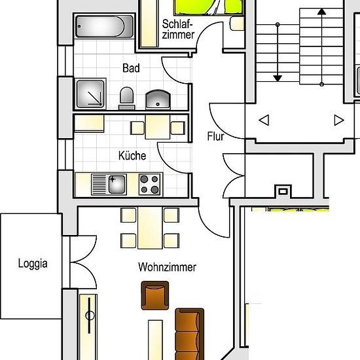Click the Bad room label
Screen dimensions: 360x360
point(131,68)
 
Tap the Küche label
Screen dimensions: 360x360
point(132,156)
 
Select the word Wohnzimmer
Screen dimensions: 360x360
point(167,267)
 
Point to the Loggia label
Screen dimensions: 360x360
point(33,264)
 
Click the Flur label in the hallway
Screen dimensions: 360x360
point(215,136)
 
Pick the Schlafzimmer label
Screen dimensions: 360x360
point(178,29)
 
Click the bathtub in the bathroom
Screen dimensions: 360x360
point(104,26)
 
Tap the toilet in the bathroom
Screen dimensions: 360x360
point(126,98)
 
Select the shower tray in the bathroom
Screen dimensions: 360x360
point(90,94)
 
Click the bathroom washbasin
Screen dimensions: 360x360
point(158,99)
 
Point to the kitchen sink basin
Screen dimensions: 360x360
point(117,185)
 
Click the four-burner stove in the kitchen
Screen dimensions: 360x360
point(149,185)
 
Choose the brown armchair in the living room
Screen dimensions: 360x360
point(155,295)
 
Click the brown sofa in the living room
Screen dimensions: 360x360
point(190,334)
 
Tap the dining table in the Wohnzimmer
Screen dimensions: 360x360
point(150,228)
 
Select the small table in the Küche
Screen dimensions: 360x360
point(158,127)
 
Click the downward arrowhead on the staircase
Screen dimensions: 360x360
point(278,79)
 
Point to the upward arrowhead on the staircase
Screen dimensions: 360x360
point(321,12)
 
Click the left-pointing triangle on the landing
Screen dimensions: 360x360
point(264,120)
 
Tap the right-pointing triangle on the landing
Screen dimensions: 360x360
point(339,120)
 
